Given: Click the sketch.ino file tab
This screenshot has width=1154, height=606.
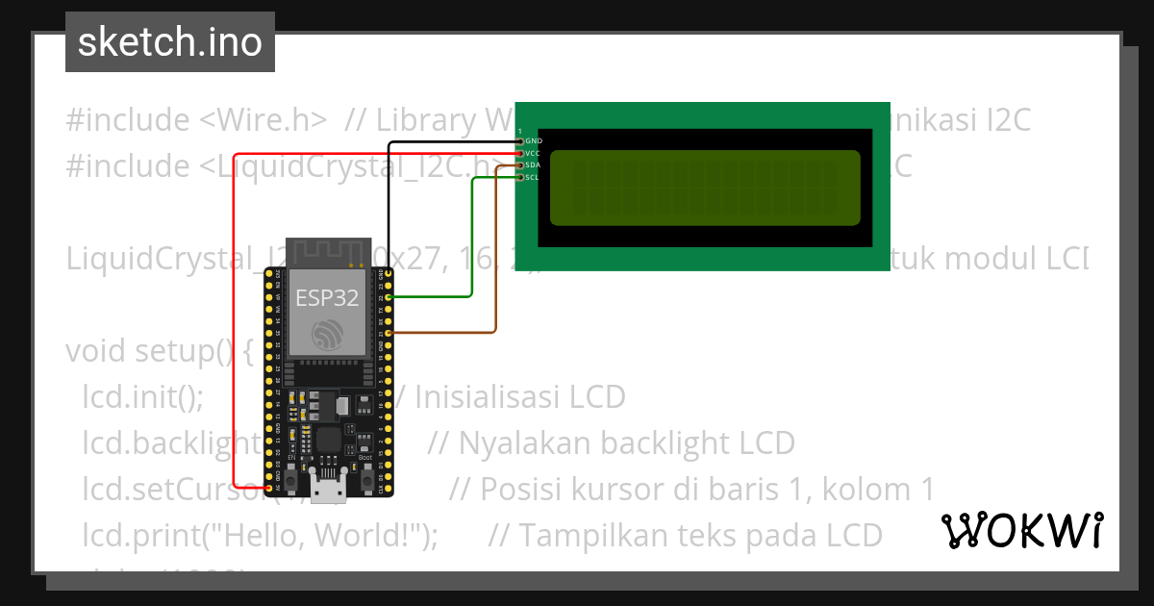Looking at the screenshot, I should pos(169,42).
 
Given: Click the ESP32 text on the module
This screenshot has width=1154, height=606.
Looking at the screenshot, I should pos(327,297).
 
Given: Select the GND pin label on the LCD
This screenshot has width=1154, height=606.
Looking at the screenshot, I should pos(534,141).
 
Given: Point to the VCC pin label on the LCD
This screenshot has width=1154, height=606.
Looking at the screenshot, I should pos(534,153).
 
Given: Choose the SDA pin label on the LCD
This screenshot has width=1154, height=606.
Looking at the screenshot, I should pos(534,165).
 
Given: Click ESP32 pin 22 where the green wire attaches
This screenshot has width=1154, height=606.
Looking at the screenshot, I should pos(387,297).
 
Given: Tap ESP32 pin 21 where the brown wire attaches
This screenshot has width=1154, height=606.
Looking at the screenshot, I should pos(387,333).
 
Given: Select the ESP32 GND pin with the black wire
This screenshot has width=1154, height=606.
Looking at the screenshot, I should pos(387,273).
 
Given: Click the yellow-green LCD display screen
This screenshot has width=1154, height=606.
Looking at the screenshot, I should pos(704,188).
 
